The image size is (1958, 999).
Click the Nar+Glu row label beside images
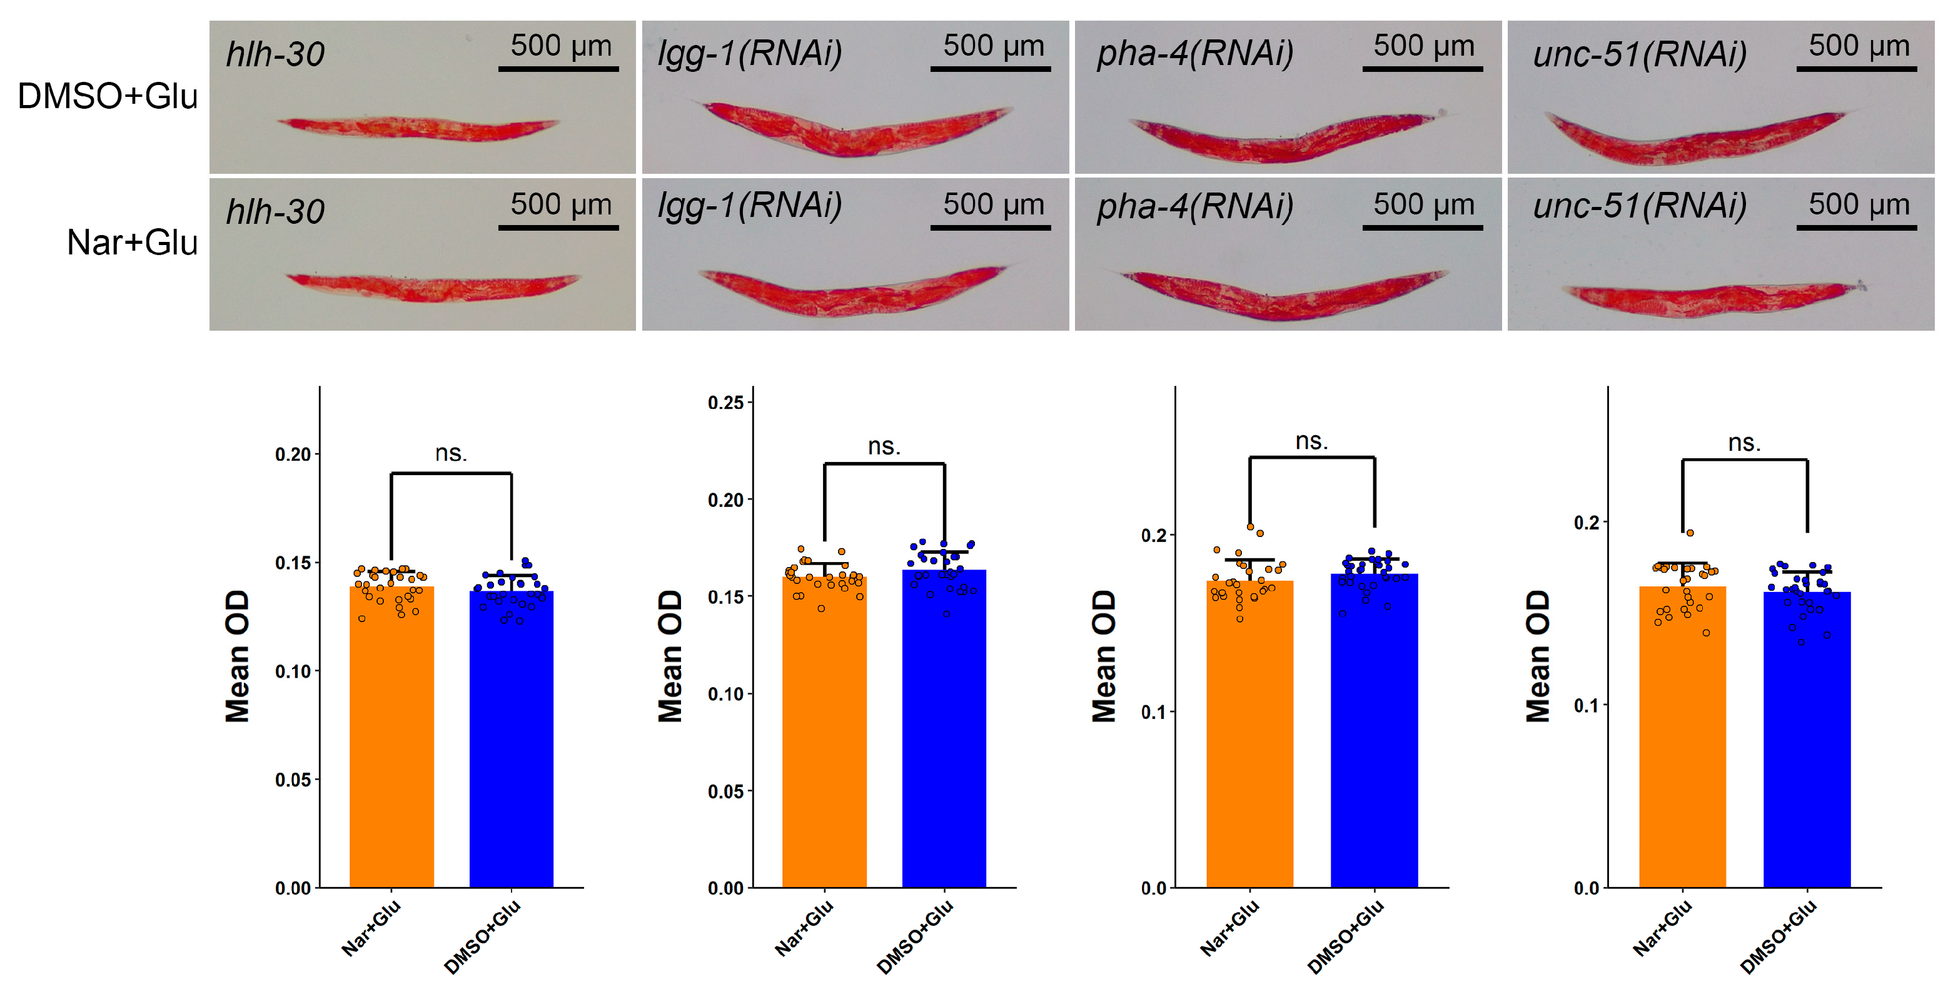pyautogui.click(x=131, y=243)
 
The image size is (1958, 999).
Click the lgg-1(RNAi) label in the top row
pyautogui.click(x=749, y=53)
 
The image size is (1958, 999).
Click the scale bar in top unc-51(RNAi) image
pyautogui.click(x=1856, y=69)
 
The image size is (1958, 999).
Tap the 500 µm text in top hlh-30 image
pyautogui.click(x=560, y=46)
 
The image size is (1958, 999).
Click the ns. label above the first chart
pyautogui.click(x=451, y=453)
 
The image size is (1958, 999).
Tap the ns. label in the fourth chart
pyautogui.click(x=1744, y=442)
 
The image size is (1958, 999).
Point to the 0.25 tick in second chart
pyautogui.click(x=725, y=403)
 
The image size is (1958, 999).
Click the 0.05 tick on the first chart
pyautogui.click(x=293, y=780)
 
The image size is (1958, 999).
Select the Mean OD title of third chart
pyautogui.click(x=1104, y=656)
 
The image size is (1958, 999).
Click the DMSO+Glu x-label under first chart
pyautogui.click(x=483, y=936)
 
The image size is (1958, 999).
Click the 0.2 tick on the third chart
pyautogui.click(x=1153, y=536)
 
